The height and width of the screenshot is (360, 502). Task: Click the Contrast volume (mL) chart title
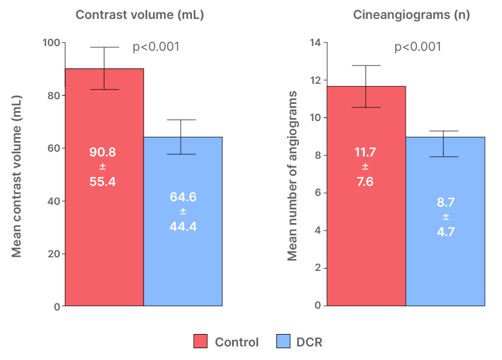(139, 15)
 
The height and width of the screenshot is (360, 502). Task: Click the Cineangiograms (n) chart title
(412, 15)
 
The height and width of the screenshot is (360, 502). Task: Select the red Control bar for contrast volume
(105, 236)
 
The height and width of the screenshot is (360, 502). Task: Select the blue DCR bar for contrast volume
(183, 266)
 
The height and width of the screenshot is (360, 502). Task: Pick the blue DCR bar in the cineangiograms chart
(445, 266)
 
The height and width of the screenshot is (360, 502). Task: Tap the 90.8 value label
(103, 152)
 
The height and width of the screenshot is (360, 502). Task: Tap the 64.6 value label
(183, 197)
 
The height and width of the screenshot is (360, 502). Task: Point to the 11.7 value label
(364, 152)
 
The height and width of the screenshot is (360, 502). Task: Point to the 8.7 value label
(445, 202)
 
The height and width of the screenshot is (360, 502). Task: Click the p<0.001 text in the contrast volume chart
(156, 47)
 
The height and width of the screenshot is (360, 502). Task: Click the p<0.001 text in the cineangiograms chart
(418, 47)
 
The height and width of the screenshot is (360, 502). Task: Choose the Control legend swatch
(201, 342)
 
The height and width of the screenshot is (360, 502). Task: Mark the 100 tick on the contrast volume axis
(51, 42)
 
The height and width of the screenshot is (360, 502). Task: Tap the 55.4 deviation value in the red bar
(103, 182)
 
